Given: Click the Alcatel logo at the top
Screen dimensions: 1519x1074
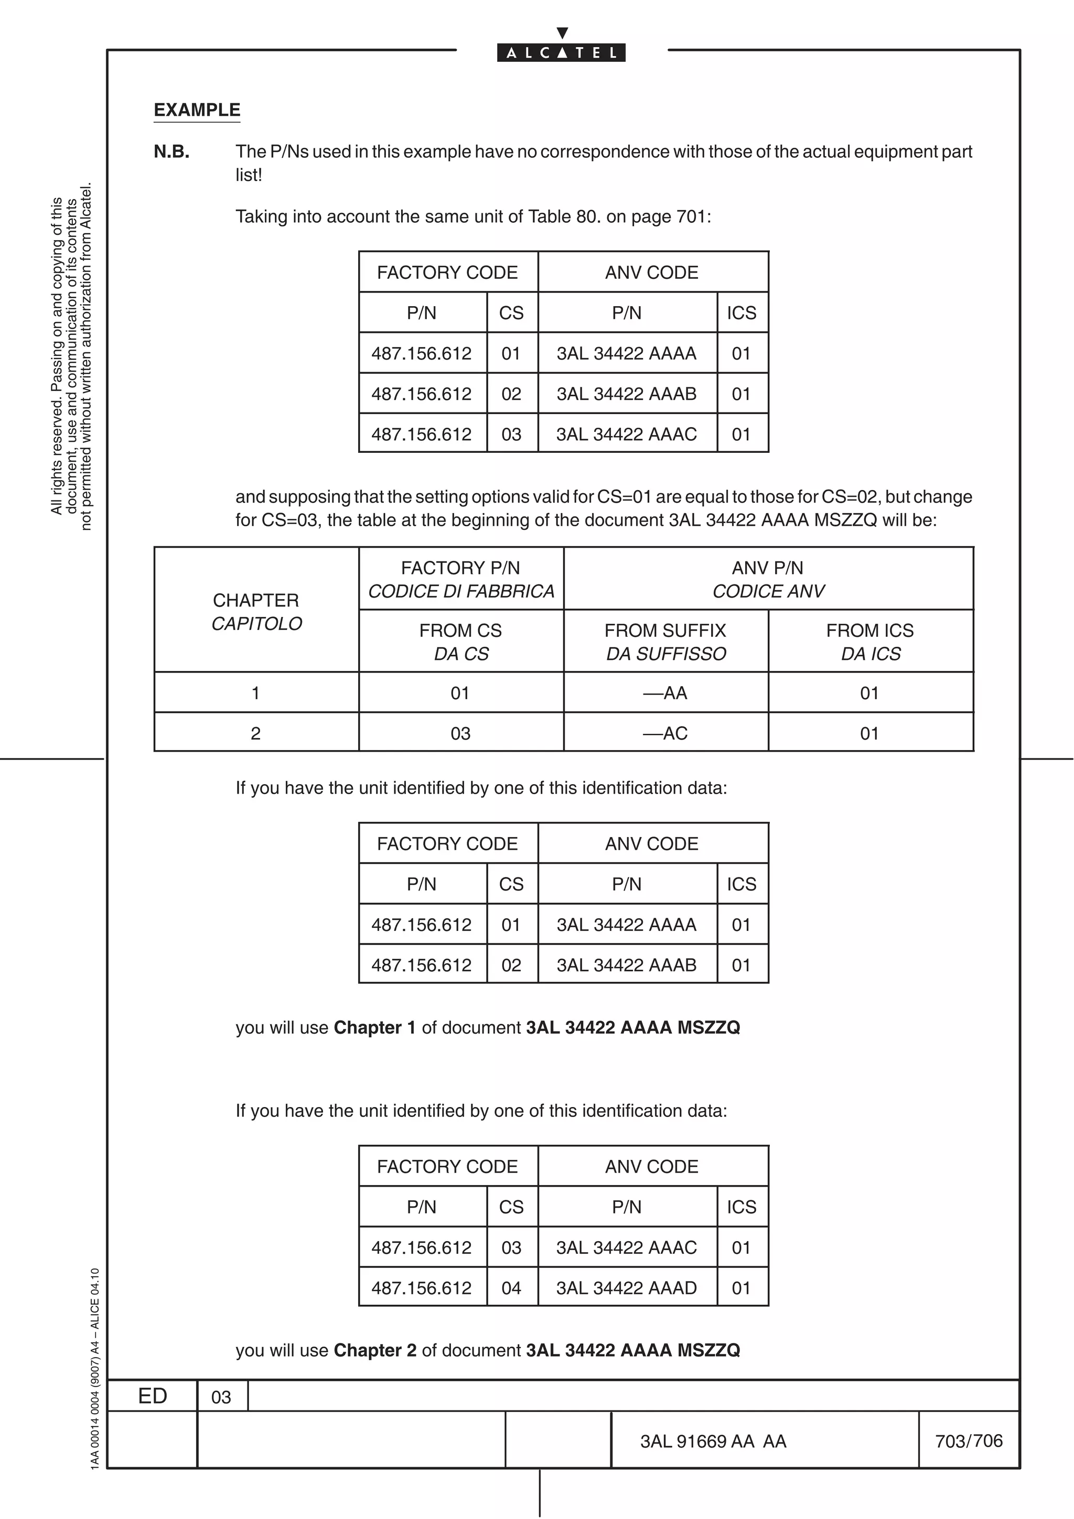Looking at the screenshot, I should point(561,51).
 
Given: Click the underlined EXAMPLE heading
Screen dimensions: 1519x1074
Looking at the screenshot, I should point(197,110).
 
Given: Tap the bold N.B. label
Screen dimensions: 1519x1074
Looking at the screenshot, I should point(171,152).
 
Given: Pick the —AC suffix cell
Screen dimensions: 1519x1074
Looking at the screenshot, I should point(665,733).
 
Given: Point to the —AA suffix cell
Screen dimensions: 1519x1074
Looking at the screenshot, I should point(665,693).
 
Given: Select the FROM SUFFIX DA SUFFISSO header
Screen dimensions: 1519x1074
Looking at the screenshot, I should point(665,642).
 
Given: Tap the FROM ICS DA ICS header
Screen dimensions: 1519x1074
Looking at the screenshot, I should point(870,642).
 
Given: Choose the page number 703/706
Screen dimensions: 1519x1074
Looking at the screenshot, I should point(969,1440).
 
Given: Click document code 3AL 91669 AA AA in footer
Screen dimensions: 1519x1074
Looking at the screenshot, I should point(713,1441).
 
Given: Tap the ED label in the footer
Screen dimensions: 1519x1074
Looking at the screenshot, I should point(152,1396).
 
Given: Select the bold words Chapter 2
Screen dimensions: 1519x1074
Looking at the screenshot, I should point(375,1350).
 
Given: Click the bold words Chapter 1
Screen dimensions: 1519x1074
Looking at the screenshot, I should point(374,1027).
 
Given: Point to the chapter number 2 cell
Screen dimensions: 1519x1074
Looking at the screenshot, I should point(256,733).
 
